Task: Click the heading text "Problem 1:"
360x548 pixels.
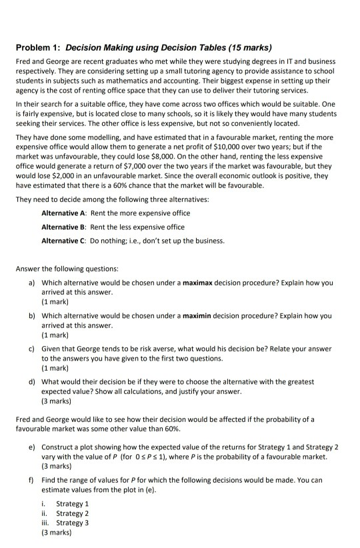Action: (x=39, y=48)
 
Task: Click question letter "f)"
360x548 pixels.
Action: (x=31, y=480)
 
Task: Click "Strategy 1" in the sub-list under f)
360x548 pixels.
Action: (x=73, y=504)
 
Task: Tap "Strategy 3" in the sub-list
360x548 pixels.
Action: (x=73, y=523)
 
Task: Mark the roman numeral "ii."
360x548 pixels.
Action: (x=45, y=513)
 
